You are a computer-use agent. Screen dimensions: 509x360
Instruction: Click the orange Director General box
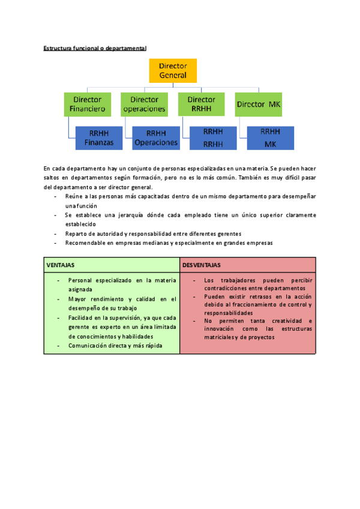pyautogui.click(x=173, y=71)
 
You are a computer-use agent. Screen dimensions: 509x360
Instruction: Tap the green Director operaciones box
pyautogui.click(x=144, y=104)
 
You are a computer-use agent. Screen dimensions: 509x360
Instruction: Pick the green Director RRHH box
pyautogui.click(x=201, y=104)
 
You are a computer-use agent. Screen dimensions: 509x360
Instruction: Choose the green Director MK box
pyautogui.click(x=259, y=104)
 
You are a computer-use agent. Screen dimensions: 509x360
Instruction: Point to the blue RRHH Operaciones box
pyautogui.click(x=156, y=137)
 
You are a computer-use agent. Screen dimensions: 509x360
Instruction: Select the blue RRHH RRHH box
pyautogui.click(x=213, y=137)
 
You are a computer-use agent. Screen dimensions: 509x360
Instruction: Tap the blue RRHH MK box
pyautogui.click(x=270, y=137)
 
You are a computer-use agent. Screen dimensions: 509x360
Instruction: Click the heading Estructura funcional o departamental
pyautogui.click(x=95, y=47)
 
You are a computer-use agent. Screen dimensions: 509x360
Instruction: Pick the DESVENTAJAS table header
pyautogui.click(x=202, y=265)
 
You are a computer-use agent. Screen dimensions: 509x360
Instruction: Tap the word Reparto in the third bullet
pyautogui.click(x=76, y=233)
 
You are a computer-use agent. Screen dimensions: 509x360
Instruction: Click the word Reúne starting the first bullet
pyautogui.click(x=74, y=196)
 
